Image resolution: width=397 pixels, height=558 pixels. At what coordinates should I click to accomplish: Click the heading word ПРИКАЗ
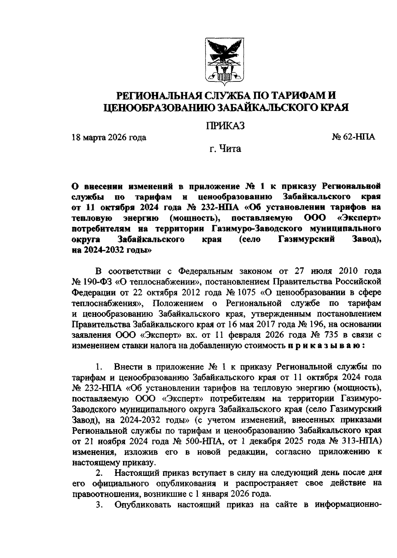pyautogui.click(x=225, y=126)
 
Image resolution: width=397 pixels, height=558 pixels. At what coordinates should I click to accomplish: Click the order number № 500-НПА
pyautogui.click(x=198, y=441)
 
